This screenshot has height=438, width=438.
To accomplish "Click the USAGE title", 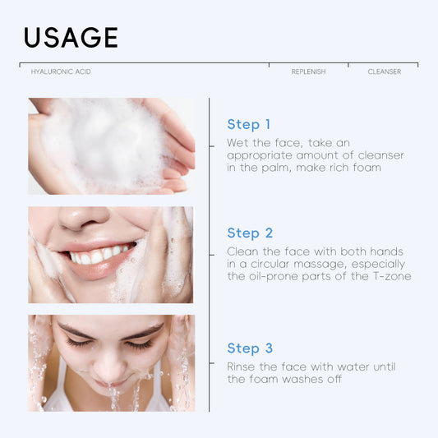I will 71,37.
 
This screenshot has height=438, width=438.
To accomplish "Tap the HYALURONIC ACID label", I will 61,72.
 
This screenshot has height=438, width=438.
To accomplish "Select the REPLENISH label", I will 308,72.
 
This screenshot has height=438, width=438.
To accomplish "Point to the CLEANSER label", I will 384,72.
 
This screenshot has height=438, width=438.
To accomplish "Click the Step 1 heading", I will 248,125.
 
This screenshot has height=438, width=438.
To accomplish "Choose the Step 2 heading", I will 249,233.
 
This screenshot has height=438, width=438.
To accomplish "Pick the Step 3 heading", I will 249,348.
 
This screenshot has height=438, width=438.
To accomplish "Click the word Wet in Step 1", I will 238,143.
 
